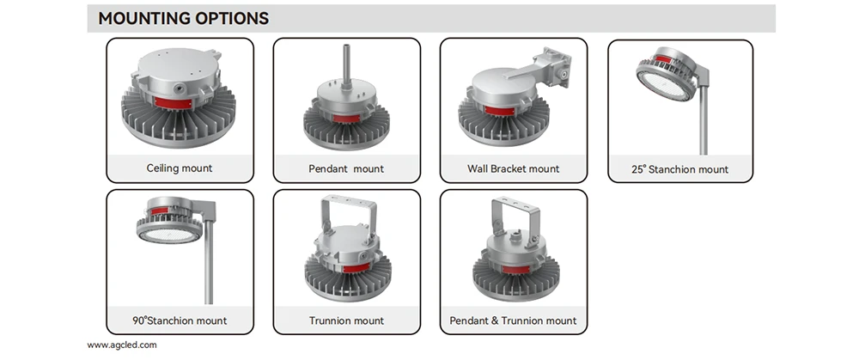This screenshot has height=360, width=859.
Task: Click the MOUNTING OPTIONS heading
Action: tap(184, 18)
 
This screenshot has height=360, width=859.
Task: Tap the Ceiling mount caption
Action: tap(180, 168)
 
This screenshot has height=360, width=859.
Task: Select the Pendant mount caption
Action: tap(346, 168)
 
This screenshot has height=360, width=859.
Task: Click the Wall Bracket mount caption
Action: tap(514, 168)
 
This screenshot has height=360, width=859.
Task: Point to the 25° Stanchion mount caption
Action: tap(680, 169)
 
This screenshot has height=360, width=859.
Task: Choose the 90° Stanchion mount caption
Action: tap(180, 320)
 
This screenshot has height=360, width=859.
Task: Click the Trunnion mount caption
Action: tap(346, 320)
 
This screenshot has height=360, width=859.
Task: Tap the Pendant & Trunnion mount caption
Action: tap(514, 320)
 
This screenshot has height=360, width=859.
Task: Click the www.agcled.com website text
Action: tap(122, 345)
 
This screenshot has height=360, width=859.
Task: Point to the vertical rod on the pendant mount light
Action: tap(344, 64)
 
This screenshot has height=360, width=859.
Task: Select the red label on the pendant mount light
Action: tap(346, 118)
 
